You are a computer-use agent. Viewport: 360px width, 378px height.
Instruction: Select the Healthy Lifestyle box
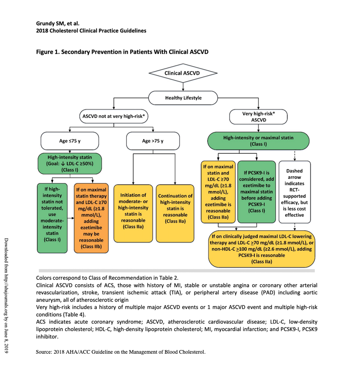tap(183, 97)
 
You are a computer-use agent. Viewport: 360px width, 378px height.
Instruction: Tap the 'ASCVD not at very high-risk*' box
tap(115, 117)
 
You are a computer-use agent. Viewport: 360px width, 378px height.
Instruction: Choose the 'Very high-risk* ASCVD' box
tap(258, 117)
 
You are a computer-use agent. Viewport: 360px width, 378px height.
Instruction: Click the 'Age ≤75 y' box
tap(69, 141)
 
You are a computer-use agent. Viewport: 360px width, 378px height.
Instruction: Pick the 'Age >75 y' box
tap(152, 141)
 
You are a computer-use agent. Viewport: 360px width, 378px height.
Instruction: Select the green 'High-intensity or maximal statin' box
tap(258, 141)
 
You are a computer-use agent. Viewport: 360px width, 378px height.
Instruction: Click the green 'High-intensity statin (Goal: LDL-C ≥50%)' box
tap(70, 164)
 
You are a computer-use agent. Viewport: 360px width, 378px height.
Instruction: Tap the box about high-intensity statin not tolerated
tap(52, 218)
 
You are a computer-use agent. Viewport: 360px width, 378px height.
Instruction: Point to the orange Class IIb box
tap(92, 218)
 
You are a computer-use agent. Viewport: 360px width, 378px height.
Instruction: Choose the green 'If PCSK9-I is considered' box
tap(257, 191)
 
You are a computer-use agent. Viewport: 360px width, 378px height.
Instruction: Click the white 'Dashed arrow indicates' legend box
tap(295, 191)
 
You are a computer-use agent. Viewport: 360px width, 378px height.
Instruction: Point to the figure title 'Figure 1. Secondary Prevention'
tap(122, 52)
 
